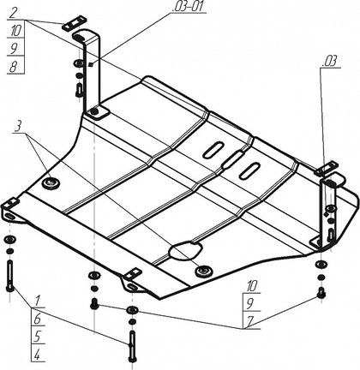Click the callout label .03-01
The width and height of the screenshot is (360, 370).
click(189, 7)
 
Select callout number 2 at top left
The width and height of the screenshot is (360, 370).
click(13, 13)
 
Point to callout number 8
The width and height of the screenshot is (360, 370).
click(13, 67)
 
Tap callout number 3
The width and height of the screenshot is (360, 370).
click(18, 127)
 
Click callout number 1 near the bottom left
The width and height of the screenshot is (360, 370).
click(38, 301)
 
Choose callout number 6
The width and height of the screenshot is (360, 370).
click(38, 319)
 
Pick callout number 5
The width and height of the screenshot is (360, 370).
click(38, 337)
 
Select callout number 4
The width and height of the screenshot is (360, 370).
click(37, 355)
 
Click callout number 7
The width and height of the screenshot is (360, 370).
click(250, 322)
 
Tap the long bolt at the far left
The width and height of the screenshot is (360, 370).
click(10, 276)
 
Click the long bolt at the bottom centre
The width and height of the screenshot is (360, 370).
click(132, 346)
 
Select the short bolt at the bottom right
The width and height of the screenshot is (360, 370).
click(321, 293)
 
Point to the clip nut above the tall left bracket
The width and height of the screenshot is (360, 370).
click(74, 23)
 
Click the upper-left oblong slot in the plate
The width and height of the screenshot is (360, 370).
click(213, 149)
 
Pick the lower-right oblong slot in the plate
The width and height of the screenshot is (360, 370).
click(249, 170)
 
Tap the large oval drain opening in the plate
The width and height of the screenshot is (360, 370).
click(186, 250)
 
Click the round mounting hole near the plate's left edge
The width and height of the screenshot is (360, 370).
click(51, 182)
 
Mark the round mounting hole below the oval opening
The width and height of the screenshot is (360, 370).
click(203, 271)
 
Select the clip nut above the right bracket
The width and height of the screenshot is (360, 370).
click(326, 169)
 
